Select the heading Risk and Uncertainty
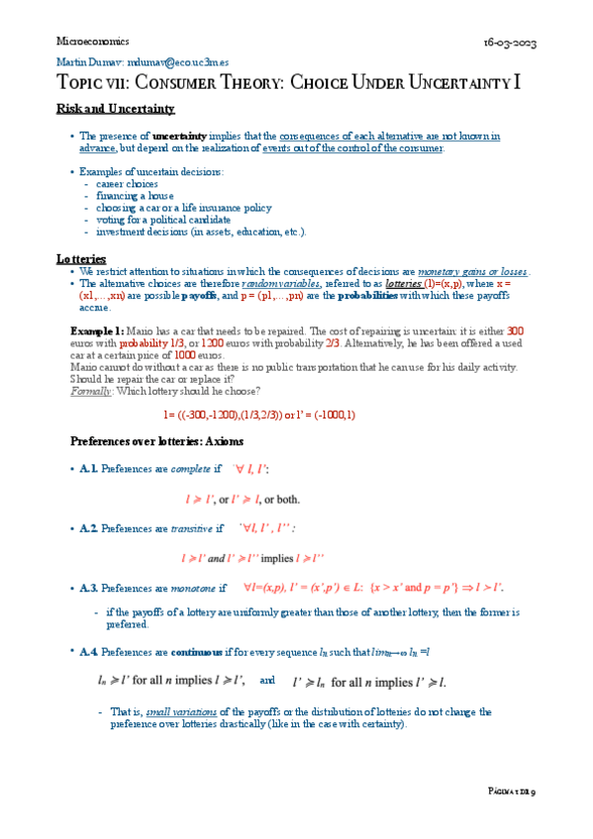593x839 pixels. click(116, 108)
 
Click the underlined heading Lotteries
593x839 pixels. click(81, 259)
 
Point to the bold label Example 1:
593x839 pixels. click(97, 329)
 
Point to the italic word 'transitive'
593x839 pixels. click(190, 529)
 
